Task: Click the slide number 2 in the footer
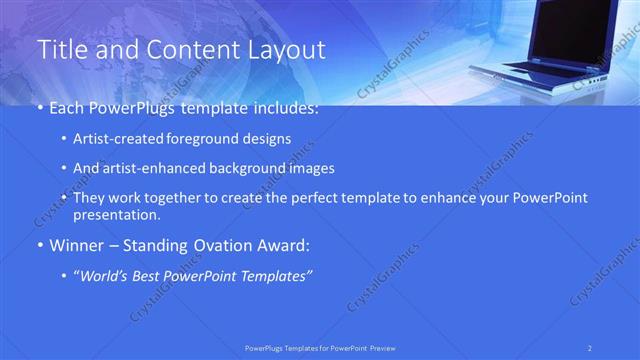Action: pos(591,347)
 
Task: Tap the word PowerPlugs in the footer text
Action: pos(265,347)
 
